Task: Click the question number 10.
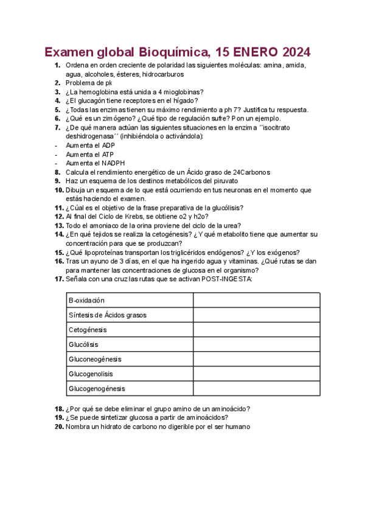(58, 190)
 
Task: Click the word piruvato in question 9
(223, 181)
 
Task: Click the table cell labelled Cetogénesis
(130, 330)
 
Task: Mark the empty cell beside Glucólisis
(256, 344)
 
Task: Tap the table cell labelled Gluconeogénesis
(130, 359)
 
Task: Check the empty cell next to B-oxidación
(256, 301)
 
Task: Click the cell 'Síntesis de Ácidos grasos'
(130, 315)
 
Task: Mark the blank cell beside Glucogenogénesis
(256, 388)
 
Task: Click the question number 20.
(58, 427)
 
